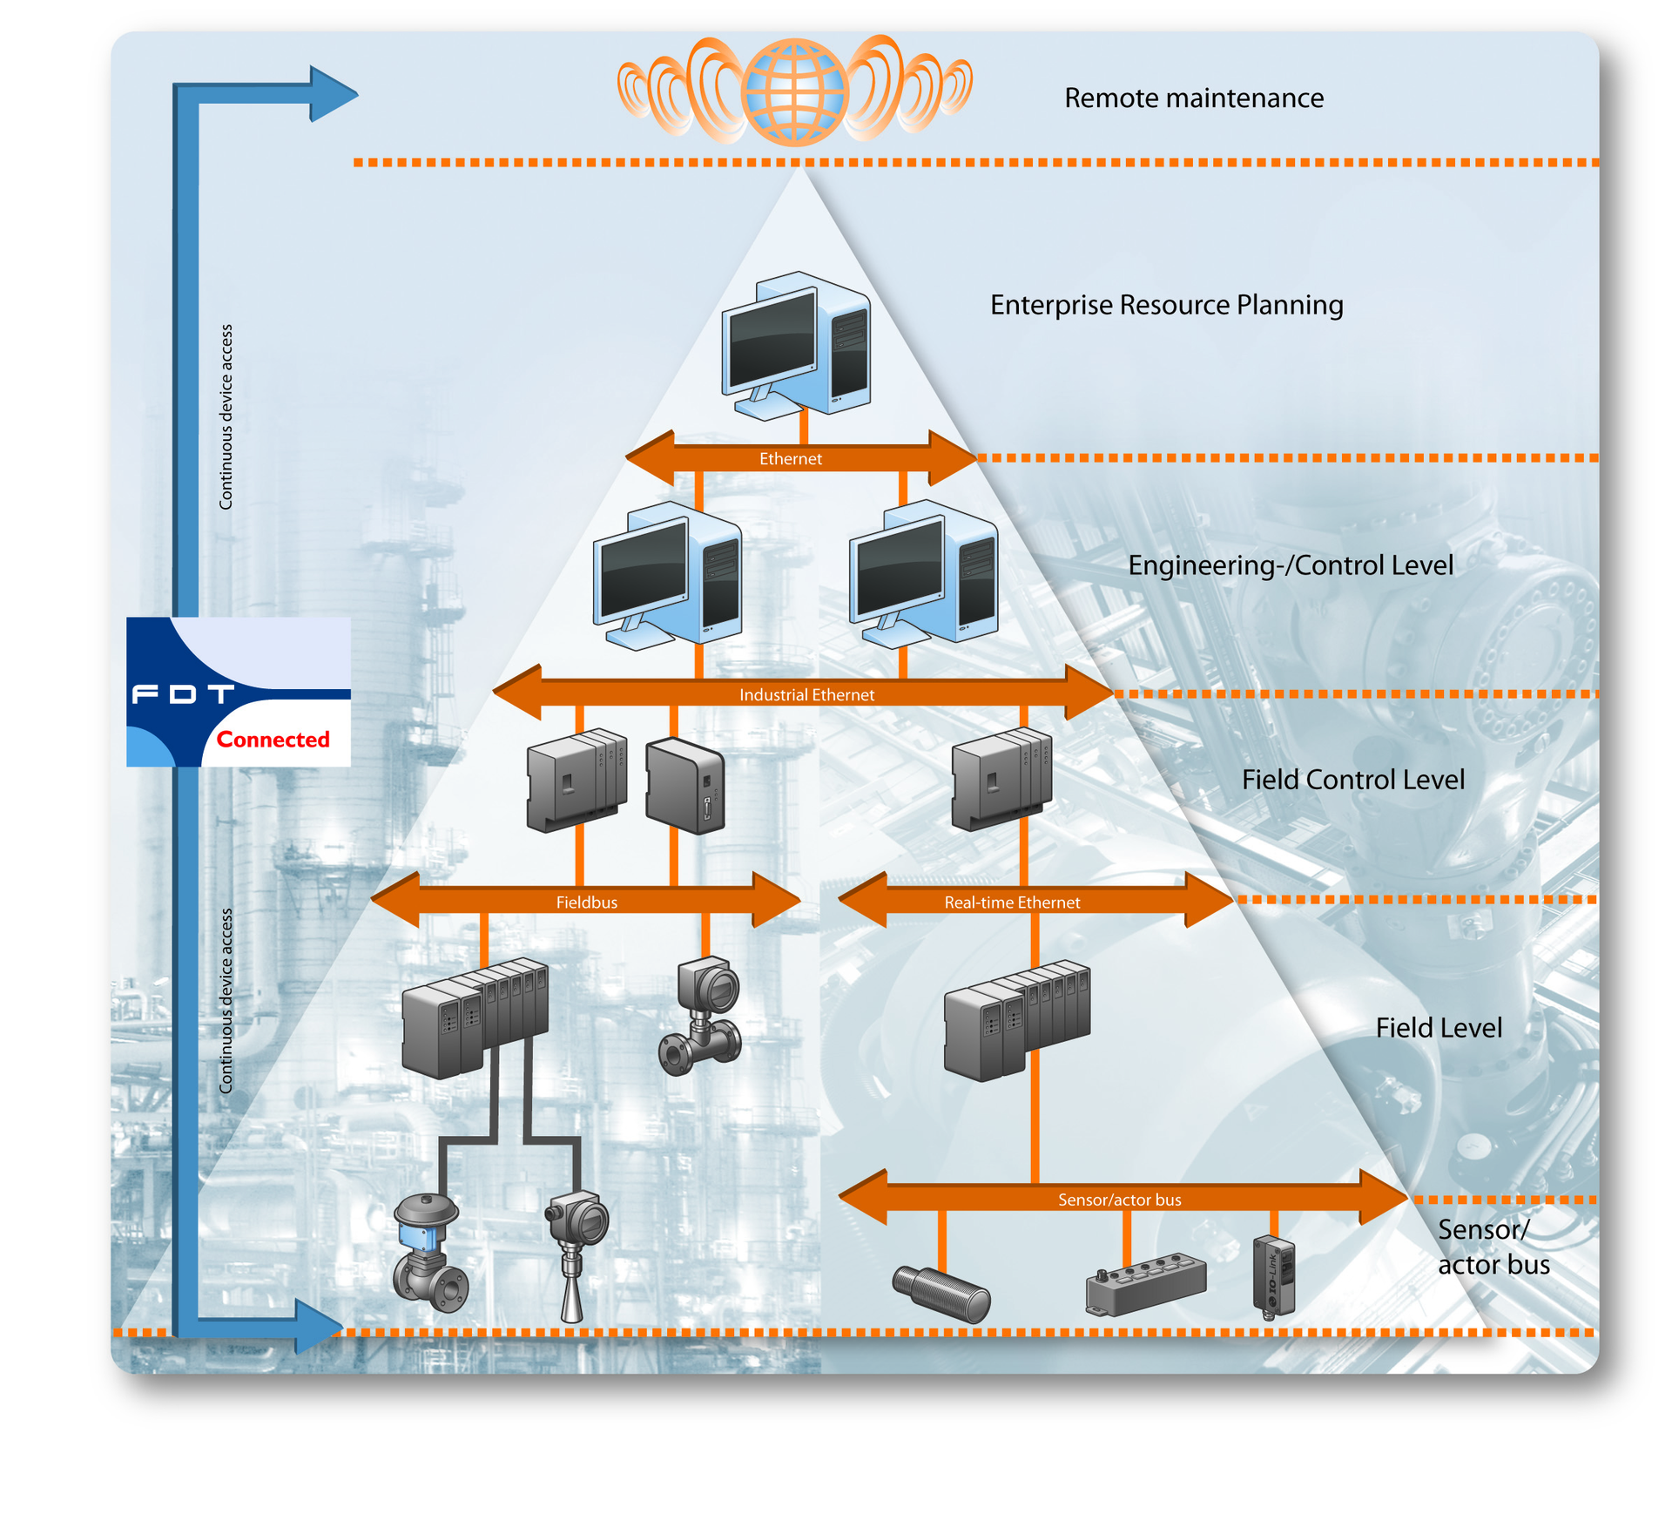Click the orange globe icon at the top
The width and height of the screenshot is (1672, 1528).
click(793, 91)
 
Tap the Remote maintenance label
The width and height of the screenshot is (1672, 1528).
click(1193, 98)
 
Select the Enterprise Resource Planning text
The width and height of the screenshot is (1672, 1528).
click(1166, 305)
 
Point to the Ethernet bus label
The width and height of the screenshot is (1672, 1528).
click(790, 458)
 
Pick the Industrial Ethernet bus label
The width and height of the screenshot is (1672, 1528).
click(806, 694)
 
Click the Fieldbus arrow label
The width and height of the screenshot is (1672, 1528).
click(586, 903)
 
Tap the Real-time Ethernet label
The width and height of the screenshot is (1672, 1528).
click(1011, 903)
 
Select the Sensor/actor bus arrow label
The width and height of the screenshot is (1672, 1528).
click(1119, 1200)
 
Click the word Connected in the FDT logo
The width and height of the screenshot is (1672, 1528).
click(273, 740)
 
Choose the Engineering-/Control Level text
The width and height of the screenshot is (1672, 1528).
click(1290, 565)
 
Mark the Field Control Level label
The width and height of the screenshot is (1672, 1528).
click(1352, 780)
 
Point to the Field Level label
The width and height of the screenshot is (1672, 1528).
click(1438, 1028)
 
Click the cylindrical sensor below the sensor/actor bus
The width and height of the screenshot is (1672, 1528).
click(941, 1294)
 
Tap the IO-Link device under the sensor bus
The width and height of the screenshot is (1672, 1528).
click(1273, 1274)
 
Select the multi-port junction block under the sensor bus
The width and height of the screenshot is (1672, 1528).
click(1145, 1281)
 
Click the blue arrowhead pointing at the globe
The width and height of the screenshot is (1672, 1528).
click(334, 93)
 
